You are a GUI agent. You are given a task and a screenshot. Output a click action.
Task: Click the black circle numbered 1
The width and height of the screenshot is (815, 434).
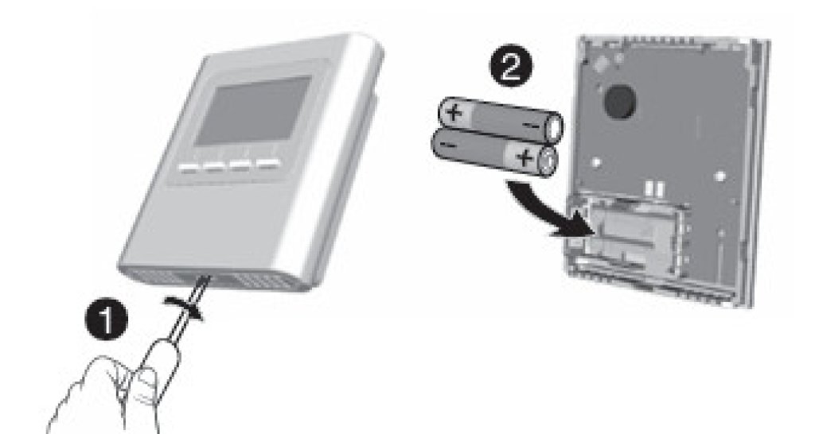click(106, 320)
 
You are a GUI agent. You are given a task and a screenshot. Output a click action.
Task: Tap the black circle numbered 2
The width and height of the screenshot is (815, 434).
click(511, 68)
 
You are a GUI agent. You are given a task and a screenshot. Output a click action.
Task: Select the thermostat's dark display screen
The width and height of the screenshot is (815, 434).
click(254, 110)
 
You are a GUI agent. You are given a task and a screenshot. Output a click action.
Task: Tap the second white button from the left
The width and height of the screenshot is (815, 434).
click(214, 167)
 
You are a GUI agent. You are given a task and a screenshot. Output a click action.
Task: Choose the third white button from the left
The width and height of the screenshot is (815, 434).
click(240, 166)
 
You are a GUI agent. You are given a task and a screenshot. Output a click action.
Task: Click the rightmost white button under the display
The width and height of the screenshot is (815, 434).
click(267, 165)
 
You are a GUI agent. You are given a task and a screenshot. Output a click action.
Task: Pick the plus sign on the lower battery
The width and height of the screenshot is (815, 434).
click(525, 157)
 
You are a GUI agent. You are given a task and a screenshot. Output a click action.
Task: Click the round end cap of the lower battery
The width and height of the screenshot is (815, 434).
click(548, 162)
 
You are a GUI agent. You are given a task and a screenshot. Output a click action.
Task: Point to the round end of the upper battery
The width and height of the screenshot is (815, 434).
click(555, 128)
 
